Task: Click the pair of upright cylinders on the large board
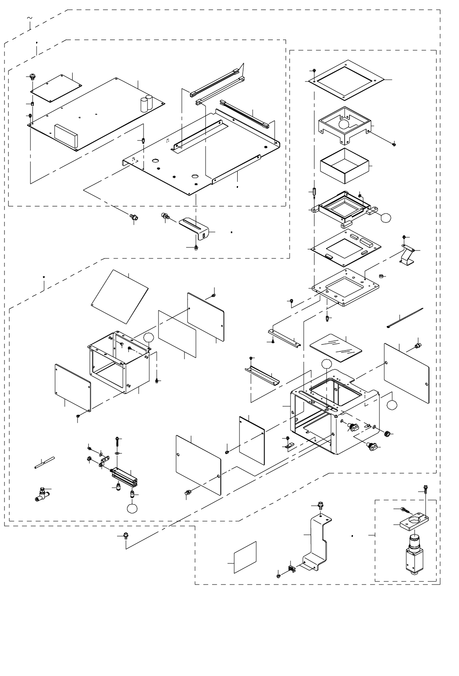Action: pos(147,104)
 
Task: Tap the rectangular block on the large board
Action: pos(66,136)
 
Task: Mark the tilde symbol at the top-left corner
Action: pos(30,18)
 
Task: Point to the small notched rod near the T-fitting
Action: pos(44,463)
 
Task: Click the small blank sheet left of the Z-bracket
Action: pos(245,557)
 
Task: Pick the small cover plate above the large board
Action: pos(57,84)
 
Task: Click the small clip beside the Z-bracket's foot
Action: pos(291,568)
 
